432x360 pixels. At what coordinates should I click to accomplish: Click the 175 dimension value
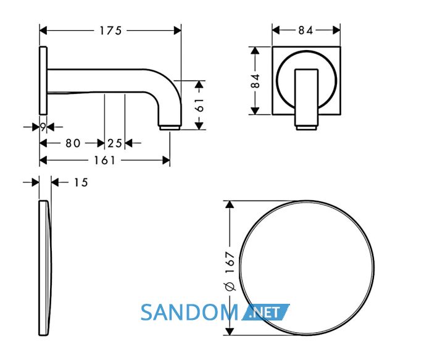(x=110, y=31)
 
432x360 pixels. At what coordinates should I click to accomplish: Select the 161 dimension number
(x=104, y=160)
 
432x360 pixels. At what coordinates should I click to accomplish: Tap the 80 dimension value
(x=73, y=143)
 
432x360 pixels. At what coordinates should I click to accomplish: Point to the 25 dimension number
(x=114, y=143)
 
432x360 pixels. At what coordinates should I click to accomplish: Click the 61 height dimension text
(x=199, y=105)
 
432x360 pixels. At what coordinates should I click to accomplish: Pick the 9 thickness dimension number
(x=43, y=127)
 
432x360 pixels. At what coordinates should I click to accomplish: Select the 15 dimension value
(x=81, y=183)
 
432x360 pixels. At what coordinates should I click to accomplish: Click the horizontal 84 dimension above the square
(x=305, y=30)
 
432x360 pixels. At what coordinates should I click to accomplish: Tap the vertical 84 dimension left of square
(x=255, y=80)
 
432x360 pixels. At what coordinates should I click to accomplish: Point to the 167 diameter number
(x=230, y=262)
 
